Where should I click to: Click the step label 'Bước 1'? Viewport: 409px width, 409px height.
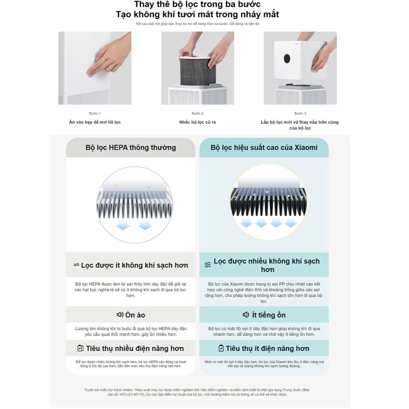click(94, 113)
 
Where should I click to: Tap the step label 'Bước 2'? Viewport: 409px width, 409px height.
click(198, 113)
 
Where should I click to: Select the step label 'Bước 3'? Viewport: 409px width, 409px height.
click(300, 113)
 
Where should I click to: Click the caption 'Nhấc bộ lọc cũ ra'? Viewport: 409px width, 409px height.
click(198, 122)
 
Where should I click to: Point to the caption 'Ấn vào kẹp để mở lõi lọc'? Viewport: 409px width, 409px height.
click(94, 122)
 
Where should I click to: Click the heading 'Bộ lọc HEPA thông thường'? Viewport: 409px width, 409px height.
click(130, 148)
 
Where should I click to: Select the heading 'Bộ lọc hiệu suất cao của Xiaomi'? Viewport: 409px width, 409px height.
click(264, 148)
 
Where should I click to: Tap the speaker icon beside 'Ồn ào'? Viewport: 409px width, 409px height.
click(120, 315)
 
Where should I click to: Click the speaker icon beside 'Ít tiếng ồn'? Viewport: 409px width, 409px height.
click(246, 315)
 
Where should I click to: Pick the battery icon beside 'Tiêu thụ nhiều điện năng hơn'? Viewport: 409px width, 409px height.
click(81, 348)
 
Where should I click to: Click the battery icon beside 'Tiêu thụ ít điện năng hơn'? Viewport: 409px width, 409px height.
click(221, 348)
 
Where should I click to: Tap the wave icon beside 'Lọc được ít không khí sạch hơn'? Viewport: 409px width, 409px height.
click(76, 265)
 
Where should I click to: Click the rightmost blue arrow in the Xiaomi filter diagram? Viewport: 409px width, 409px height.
click(291, 222)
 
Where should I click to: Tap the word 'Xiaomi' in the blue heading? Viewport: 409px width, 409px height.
click(306, 148)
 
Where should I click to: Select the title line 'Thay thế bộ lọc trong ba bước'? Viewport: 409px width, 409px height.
click(197, 4)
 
